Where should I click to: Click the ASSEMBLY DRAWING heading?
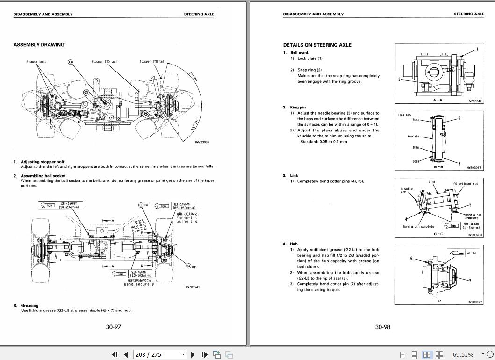click(39, 45)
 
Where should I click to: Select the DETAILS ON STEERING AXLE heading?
click(317, 45)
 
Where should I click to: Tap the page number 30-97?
click(113, 327)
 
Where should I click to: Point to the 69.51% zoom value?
click(463, 354)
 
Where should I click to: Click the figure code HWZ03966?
click(202, 142)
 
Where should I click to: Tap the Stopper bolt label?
click(36, 62)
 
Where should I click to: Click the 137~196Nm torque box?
click(70, 206)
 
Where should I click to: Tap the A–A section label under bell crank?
click(438, 100)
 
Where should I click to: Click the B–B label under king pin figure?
click(438, 166)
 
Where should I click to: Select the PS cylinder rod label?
click(465, 184)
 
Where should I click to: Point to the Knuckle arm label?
click(407, 191)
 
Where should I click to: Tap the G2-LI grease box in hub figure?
click(471, 253)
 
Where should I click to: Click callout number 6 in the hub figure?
click(411, 259)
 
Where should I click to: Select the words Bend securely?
click(139, 284)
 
